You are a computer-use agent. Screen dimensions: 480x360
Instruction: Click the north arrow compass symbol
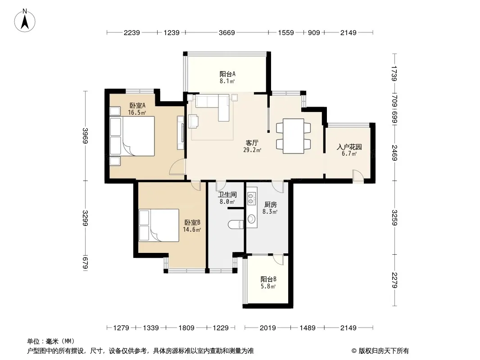tap(25, 20)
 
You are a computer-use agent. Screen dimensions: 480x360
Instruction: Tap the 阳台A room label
tap(227, 74)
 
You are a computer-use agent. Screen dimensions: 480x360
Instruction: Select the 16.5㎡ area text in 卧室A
tap(137, 112)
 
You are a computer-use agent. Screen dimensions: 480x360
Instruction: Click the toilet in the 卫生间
tap(235, 225)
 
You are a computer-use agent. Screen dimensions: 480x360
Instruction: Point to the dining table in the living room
tap(293, 136)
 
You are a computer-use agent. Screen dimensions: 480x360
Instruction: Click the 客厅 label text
tap(252, 143)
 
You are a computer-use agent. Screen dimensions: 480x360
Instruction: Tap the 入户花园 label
tap(349, 147)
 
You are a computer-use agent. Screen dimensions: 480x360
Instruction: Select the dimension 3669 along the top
tap(226, 33)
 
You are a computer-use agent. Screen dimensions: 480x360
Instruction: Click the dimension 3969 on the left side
tap(86, 135)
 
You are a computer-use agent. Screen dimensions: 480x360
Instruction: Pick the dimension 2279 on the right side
tap(394, 280)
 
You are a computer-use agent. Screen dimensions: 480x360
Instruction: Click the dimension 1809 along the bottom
tap(186, 328)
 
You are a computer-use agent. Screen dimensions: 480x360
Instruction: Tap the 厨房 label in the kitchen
tap(270, 204)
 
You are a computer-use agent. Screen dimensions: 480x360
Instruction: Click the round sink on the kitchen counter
tap(251, 219)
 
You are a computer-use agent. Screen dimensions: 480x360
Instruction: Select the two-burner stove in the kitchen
tap(251, 198)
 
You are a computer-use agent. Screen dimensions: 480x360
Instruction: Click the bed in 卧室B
tap(159, 225)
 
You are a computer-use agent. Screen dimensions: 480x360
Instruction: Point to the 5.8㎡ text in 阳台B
tap(268, 287)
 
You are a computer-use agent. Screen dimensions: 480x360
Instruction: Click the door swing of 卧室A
tap(177, 167)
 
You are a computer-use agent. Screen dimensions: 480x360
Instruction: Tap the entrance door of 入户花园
tap(358, 176)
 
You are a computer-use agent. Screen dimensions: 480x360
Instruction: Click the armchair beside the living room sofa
tap(194, 121)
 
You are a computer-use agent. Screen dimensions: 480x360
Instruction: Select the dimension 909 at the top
tap(313, 33)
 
